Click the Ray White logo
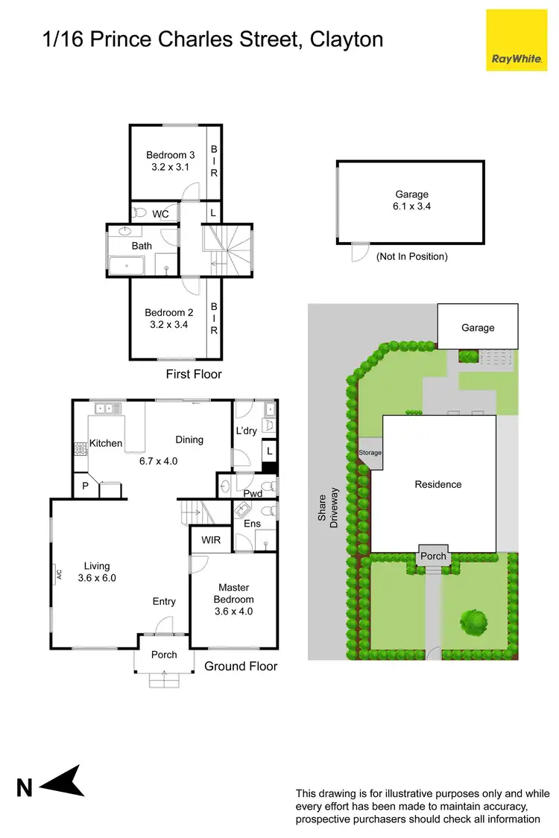(x=517, y=40)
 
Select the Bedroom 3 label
(x=170, y=155)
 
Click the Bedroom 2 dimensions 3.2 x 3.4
(x=168, y=325)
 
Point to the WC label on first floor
(x=160, y=214)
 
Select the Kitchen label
(x=106, y=443)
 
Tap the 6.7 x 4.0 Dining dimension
(x=158, y=460)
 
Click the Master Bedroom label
(x=233, y=594)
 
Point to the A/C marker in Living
(x=57, y=574)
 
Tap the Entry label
(x=164, y=602)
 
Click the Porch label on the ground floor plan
(x=164, y=655)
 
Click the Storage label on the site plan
(x=370, y=452)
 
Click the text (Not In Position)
(x=411, y=256)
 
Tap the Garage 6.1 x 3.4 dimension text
(x=411, y=206)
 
